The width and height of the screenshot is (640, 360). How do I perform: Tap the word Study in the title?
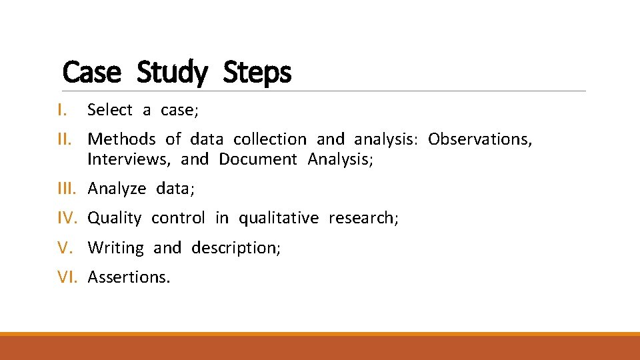[172, 72]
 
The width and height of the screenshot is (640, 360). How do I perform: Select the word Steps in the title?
[257, 72]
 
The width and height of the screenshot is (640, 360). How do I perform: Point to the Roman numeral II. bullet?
[66, 139]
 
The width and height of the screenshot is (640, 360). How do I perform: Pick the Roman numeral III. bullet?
[67, 189]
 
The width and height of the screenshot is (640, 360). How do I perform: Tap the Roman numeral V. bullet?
[65, 247]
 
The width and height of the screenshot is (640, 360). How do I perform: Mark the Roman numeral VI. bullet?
[67, 277]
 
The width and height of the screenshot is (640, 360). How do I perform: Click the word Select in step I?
[110, 109]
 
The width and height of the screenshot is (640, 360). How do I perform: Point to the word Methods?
[121, 139]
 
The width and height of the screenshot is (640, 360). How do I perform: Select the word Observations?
[479, 139]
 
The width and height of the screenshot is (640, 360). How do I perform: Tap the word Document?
[258, 159]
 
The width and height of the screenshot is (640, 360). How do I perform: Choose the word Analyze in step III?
[117, 189]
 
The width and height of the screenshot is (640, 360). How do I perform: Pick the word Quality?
[115, 218]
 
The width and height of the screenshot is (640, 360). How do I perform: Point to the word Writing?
[115, 248]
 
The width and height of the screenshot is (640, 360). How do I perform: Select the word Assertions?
[129, 277]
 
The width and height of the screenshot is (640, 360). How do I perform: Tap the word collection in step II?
[270, 139]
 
